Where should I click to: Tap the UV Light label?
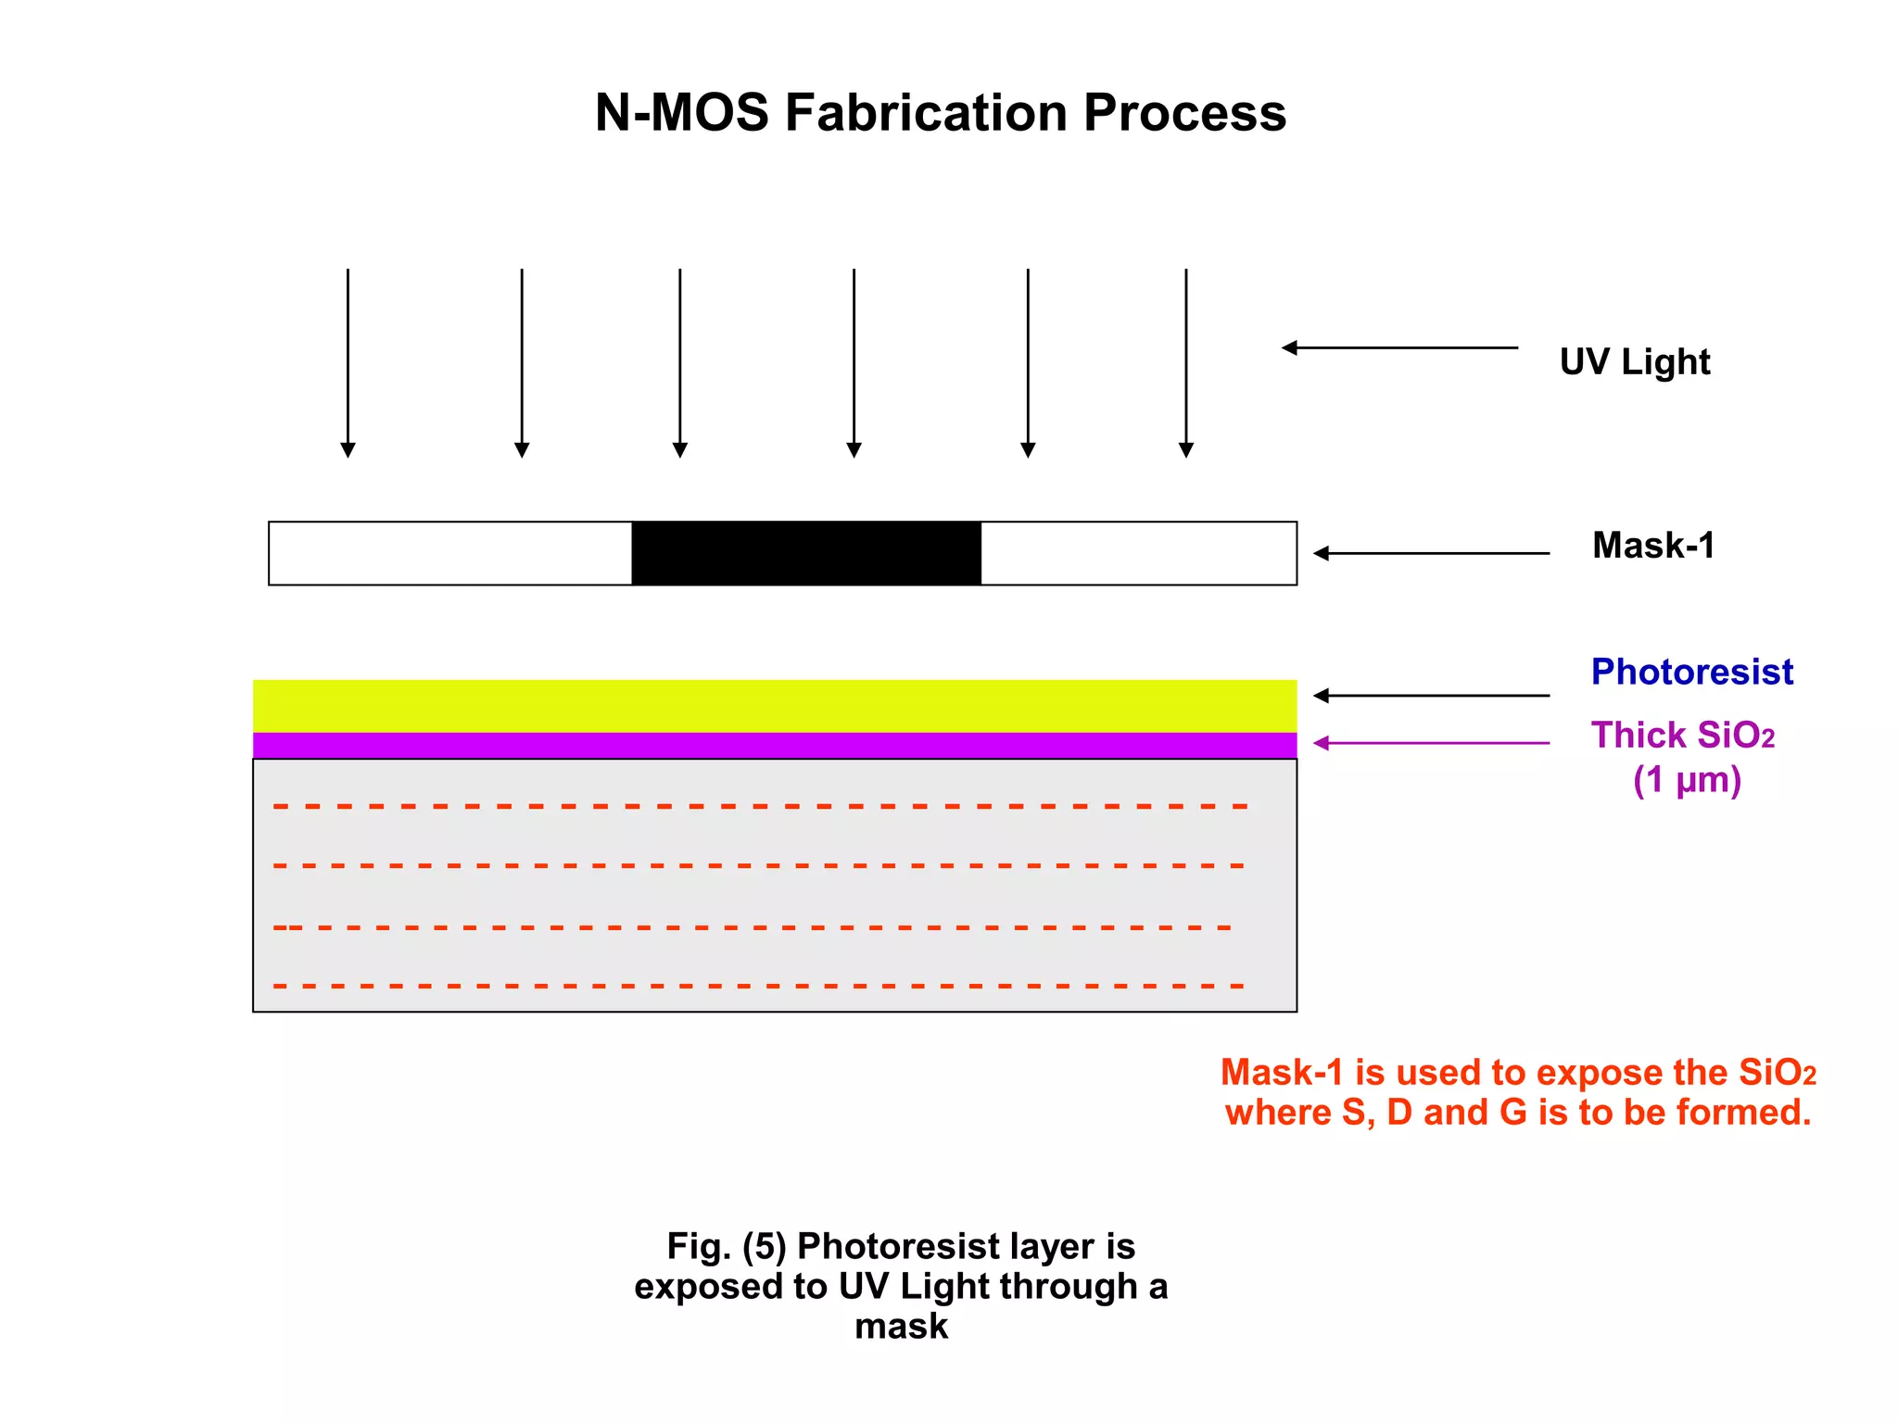1634,361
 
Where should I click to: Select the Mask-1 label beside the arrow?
1652,545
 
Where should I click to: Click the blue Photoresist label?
1691,672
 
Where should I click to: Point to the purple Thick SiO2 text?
1682,736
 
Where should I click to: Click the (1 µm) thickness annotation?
1687,780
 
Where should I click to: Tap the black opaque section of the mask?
806,553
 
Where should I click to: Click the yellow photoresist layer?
774,706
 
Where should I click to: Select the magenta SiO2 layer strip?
774,745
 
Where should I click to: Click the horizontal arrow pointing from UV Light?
1399,348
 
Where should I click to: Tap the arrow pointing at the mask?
1431,553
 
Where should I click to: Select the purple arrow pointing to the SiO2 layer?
1431,743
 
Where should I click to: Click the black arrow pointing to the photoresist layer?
1431,696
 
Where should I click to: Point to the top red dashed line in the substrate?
760,807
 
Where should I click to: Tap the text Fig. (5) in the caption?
726,1247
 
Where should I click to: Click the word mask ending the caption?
901,1327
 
